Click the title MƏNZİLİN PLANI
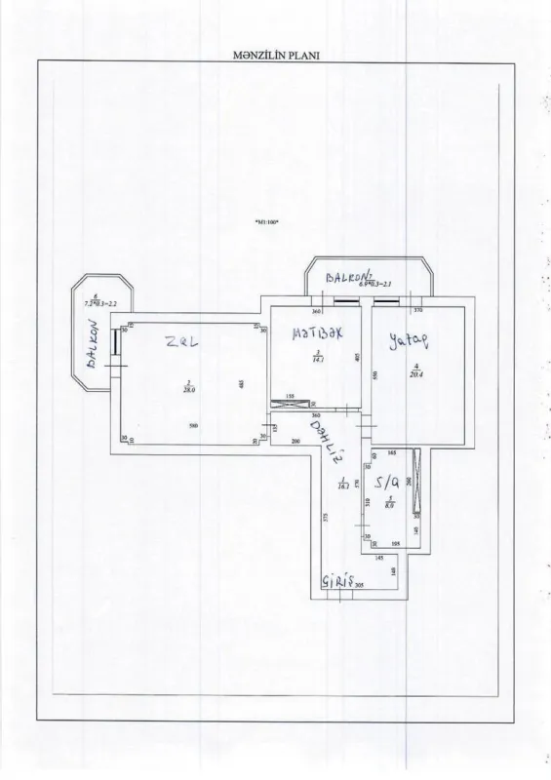pyautogui.click(x=272, y=56)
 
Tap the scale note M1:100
pyautogui.click(x=266, y=222)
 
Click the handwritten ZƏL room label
pyautogui.click(x=181, y=342)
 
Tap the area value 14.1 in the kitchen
pyautogui.click(x=318, y=360)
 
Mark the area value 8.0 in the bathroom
pyautogui.click(x=389, y=505)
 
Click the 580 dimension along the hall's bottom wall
pyautogui.click(x=194, y=425)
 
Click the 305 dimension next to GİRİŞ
pyautogui.click(x=360, y=587)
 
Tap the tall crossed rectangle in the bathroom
pyautogui.click(x=416, y=480)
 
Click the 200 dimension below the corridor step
pyautogui.click(x=295, y=441)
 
